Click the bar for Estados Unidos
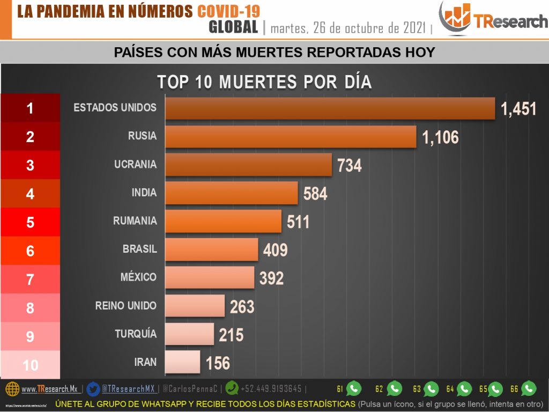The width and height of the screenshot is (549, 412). [329, 108]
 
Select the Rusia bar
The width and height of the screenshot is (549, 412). [290, 136]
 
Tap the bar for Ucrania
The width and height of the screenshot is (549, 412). [248, 165]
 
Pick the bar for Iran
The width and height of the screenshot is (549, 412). [182, 362]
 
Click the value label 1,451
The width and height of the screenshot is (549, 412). [518, 109]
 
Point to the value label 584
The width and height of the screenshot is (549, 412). [315, 194]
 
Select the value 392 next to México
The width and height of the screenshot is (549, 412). [271, 278]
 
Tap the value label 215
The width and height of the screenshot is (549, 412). [231, 335]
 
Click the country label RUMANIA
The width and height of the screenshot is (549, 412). [135, 220]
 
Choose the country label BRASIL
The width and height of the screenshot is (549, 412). [139, 249]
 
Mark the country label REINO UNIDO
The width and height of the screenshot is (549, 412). [126, 306]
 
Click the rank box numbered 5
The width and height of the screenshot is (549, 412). [30, 222]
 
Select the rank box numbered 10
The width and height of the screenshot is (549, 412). [30, 365]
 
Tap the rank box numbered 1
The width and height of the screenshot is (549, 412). [30, 108]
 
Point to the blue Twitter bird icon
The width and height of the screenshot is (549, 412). [93, 388]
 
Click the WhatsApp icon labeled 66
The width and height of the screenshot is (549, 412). [529, 388]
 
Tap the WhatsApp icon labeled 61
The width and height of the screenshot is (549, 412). [354, 388]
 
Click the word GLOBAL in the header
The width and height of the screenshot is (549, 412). [233, 27]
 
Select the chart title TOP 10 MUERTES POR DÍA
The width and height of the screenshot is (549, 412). [264, 82]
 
